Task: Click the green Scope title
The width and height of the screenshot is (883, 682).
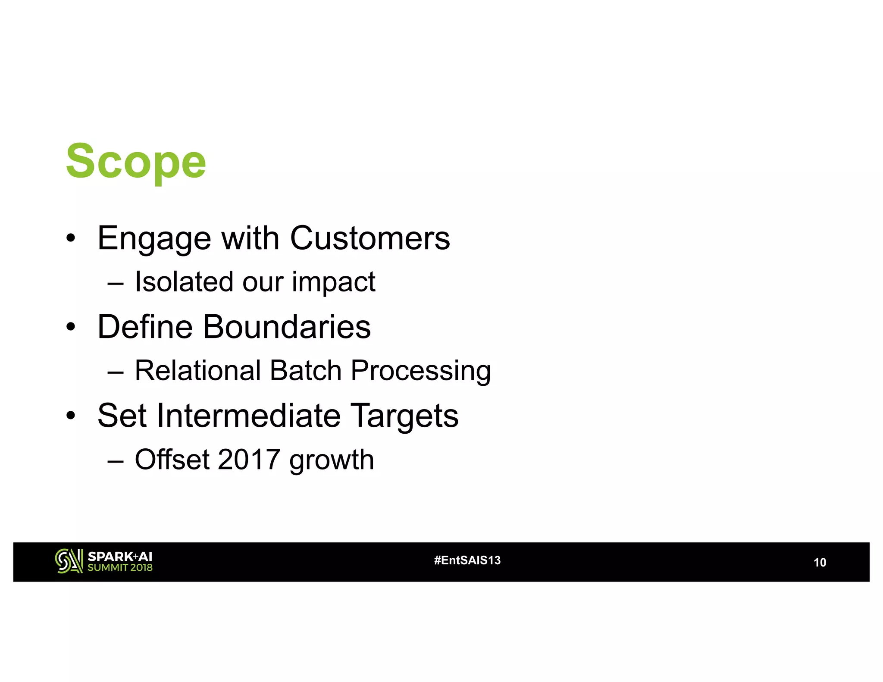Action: [x=136, y=162]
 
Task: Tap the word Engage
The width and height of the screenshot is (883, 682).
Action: [x=154, y=238]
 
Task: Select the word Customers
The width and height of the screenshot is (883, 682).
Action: [x=369, y=238]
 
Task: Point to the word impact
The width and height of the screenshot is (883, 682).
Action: [x=333, y=283]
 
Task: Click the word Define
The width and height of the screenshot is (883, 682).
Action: [x=145, y=327]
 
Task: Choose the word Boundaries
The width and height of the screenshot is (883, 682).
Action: [x=287, y=327]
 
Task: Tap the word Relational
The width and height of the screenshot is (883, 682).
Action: [x=198, y=371]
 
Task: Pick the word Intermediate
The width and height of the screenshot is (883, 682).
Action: [x=249, y=416]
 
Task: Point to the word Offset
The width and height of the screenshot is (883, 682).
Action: [x=172, y=460]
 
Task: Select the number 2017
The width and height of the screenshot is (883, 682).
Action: [x=249, y=460]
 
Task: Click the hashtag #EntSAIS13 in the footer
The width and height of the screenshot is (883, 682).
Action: [x=467, y=560]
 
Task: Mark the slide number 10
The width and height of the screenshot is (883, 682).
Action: [x=819, y=563]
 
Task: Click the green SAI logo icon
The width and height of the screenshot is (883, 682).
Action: [x=69, y=561]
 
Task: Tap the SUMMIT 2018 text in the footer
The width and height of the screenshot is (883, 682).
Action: [x=120, y=568]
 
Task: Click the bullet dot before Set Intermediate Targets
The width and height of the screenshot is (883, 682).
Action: [x=71, y=416]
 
